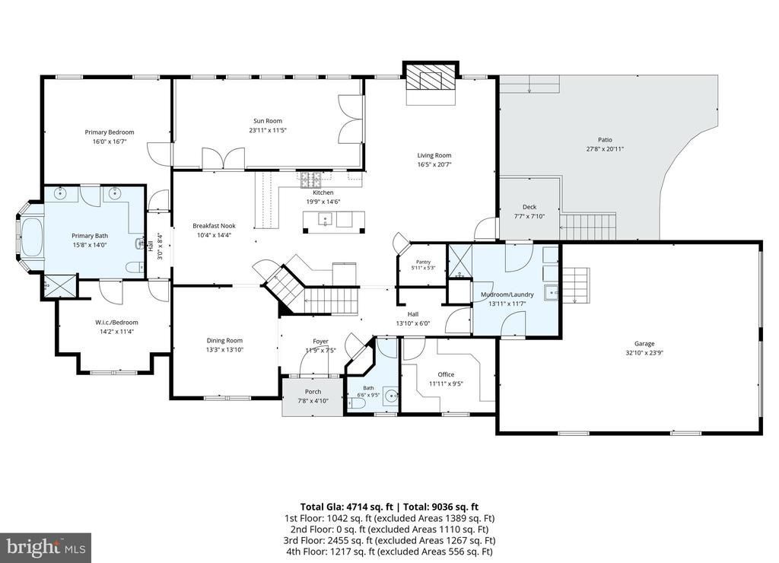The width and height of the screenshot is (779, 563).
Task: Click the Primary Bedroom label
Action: [110, 132]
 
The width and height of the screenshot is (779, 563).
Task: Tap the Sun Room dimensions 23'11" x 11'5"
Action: [268, 130]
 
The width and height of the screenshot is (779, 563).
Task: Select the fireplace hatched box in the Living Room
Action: [431, 77]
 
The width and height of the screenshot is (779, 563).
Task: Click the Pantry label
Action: [423, 262]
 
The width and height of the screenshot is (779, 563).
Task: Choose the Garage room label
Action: [644, 343]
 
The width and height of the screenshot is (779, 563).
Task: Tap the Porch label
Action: [313, 392]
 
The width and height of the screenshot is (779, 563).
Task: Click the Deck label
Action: [529, 207]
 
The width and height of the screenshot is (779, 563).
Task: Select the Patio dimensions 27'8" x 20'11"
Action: [605, 148]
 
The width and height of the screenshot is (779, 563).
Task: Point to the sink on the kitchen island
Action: [326, 218]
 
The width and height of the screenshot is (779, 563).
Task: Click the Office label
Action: [446, 374]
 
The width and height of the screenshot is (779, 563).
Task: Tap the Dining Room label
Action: [224, 340]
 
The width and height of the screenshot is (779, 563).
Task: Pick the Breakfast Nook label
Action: [214, 226]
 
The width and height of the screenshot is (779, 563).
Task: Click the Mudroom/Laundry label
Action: [507, 294]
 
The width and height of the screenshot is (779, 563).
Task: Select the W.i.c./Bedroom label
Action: [116, 323]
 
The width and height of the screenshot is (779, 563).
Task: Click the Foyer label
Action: [320, 342]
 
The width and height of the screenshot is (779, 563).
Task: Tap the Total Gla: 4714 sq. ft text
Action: [346, 507]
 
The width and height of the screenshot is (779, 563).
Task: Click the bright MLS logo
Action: [46, 548]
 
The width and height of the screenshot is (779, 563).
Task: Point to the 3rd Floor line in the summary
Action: [389, 540]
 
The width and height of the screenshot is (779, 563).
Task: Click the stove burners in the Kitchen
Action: [311, 180]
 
